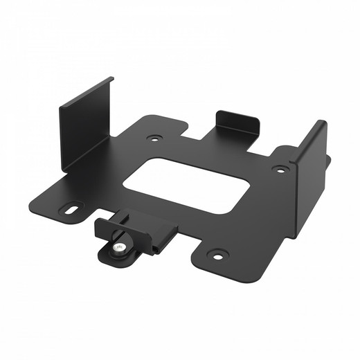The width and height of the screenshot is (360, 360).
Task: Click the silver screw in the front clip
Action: (x=120, y=246)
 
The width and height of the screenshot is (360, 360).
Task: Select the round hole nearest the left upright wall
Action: (x=154, y=138)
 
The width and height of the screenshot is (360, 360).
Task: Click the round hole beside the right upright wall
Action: (x=280, y=169)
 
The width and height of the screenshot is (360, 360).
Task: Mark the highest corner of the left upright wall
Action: (x=111, y=78)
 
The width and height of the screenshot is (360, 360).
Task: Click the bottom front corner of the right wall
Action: (x=298, y=235)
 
